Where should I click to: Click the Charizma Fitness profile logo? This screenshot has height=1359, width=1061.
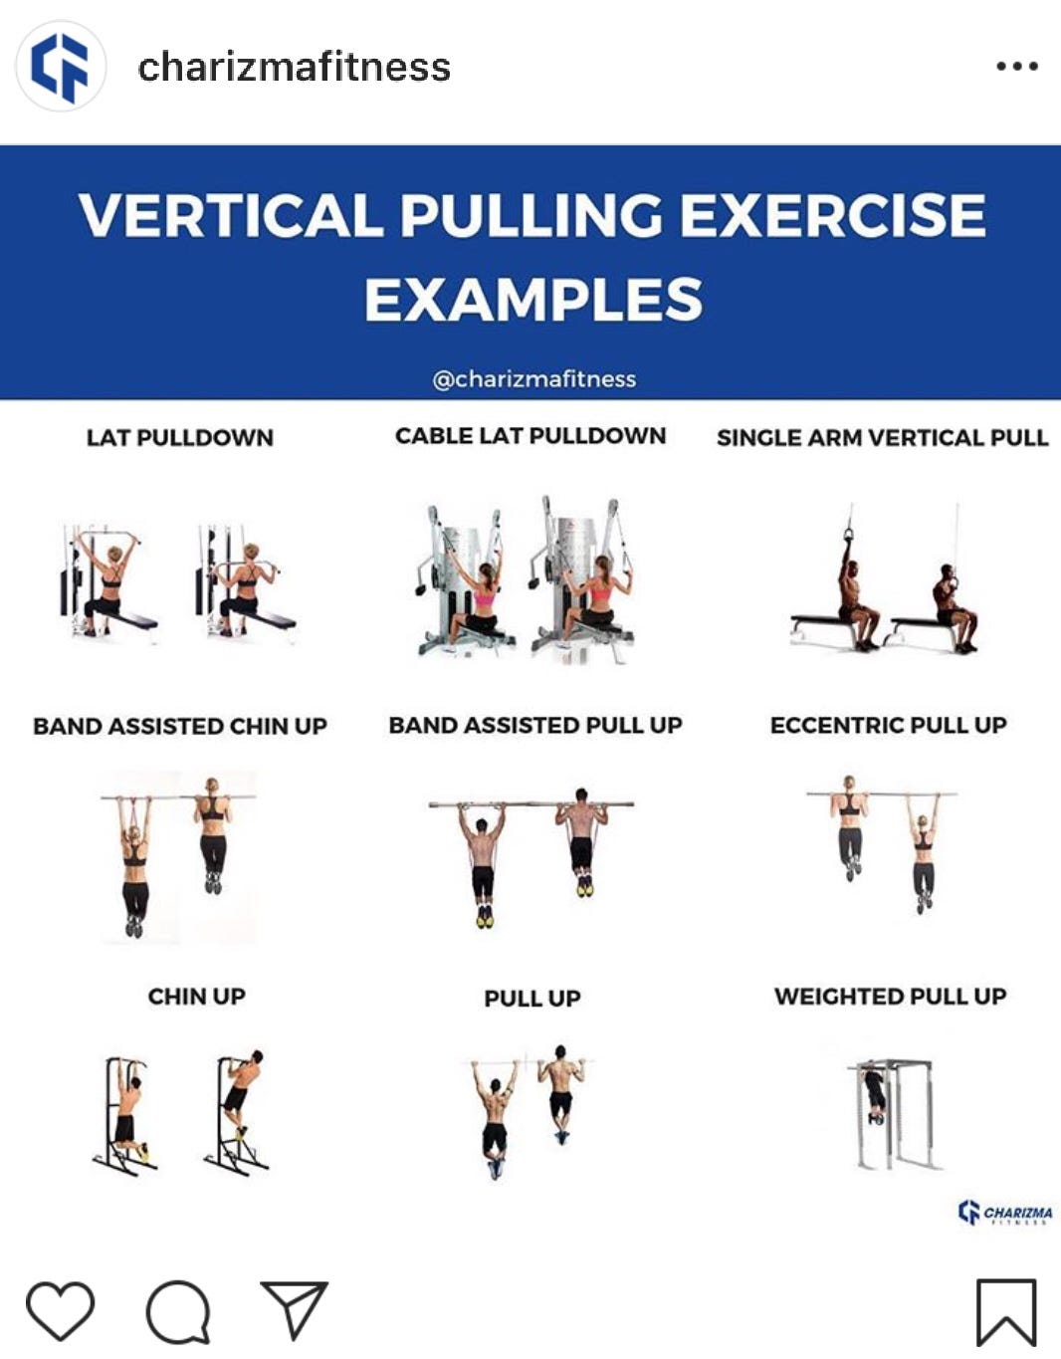click(61, 67)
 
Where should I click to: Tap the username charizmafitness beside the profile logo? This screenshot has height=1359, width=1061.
click(294, 67)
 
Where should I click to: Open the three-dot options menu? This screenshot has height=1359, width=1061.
click(1017, 66)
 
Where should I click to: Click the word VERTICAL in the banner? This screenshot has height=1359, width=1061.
click(230, 214)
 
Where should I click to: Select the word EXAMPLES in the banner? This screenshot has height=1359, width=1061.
click(533, 299)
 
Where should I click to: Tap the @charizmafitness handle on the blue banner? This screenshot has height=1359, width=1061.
click(533, 379)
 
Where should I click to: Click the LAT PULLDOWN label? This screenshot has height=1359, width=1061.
click(180, 438)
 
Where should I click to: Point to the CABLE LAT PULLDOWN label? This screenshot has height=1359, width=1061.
click(530, 436)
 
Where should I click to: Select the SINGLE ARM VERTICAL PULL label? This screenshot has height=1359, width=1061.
click(882, 438)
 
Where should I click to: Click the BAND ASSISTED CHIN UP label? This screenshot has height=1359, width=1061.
click(180, 726)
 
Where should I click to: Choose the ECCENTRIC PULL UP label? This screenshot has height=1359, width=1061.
click(889, 725)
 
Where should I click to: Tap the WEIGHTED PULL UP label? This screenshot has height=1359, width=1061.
click(891, 996)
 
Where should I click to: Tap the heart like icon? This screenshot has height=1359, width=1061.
click(60, 1310)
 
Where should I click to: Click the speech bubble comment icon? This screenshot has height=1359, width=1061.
click(178, 1311)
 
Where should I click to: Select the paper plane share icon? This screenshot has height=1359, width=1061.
click(294, 1309)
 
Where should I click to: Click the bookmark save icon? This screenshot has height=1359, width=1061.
click(1006, 1313)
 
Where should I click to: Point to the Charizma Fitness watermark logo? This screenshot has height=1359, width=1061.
click(1004, 1213)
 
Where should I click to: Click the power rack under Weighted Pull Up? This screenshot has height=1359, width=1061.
click(894, 1114)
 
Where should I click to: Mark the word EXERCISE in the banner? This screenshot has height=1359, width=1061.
click(833, 214)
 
